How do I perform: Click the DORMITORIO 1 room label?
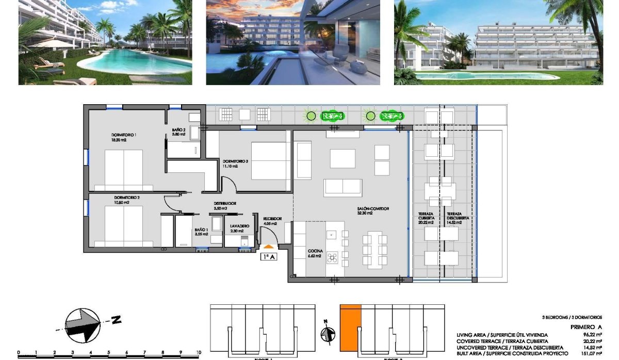tap(123, 135)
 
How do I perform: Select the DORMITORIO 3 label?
tap(235, 161)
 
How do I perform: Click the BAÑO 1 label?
tap(201, 231)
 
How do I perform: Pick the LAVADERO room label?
tap(240, 226)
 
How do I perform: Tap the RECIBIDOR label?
tap(272, 219)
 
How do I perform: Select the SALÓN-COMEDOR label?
tap(372, 209)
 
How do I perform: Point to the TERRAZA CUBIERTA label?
tap(426, 217)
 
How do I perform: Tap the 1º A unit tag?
tap(269, 256)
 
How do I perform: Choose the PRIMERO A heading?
tap(586, 327)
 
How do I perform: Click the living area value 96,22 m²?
tap(593, 335)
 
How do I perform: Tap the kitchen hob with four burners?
tap(333, 256)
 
